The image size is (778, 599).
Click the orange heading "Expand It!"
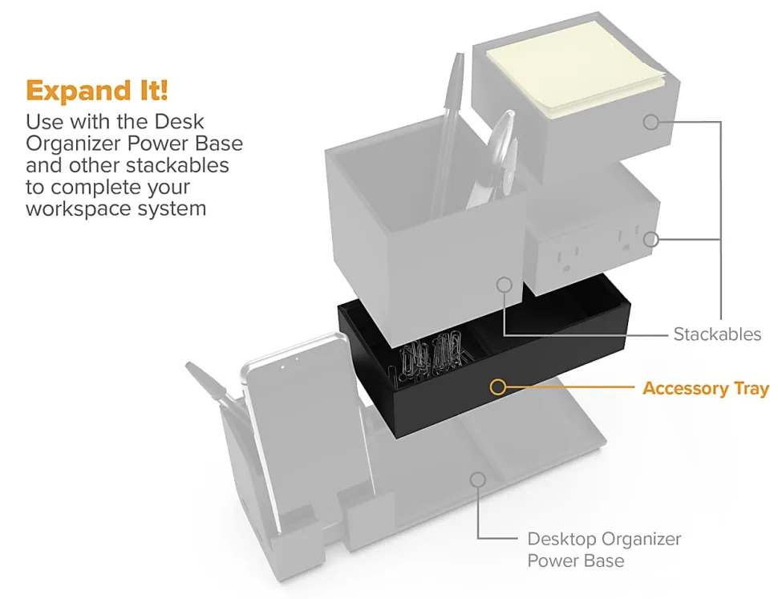[x=97, y=91]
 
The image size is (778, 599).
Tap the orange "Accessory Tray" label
[x=706, y=388]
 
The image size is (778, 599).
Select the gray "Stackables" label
[x=717, y=334]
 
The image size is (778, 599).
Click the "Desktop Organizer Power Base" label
[x=604, y=549]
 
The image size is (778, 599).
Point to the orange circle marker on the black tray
[x=497, y=387]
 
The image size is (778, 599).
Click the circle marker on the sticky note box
[x=651, y=122]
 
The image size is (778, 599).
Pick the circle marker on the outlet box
[x=651, y=240]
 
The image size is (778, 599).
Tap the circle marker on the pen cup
[x=504, y=285]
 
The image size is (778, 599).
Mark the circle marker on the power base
[x=478, y=480]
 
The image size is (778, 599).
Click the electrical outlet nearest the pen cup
[x=564, y=261]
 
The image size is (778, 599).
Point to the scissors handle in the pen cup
[x=499, y=144]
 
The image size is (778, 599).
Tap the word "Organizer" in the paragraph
[x=74, y=144]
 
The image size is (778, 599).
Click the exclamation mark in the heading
[x=164, y=91]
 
